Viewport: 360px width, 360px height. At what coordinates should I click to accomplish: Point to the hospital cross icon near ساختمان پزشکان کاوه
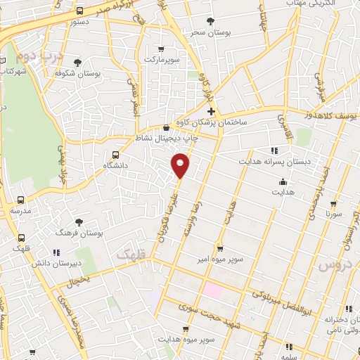[211, 111]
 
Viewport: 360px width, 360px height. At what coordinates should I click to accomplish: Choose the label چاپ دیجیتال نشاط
[165, 139]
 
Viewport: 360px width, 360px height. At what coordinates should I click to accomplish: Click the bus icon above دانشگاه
[115, 155]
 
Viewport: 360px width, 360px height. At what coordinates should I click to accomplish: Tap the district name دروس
[333, 264]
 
